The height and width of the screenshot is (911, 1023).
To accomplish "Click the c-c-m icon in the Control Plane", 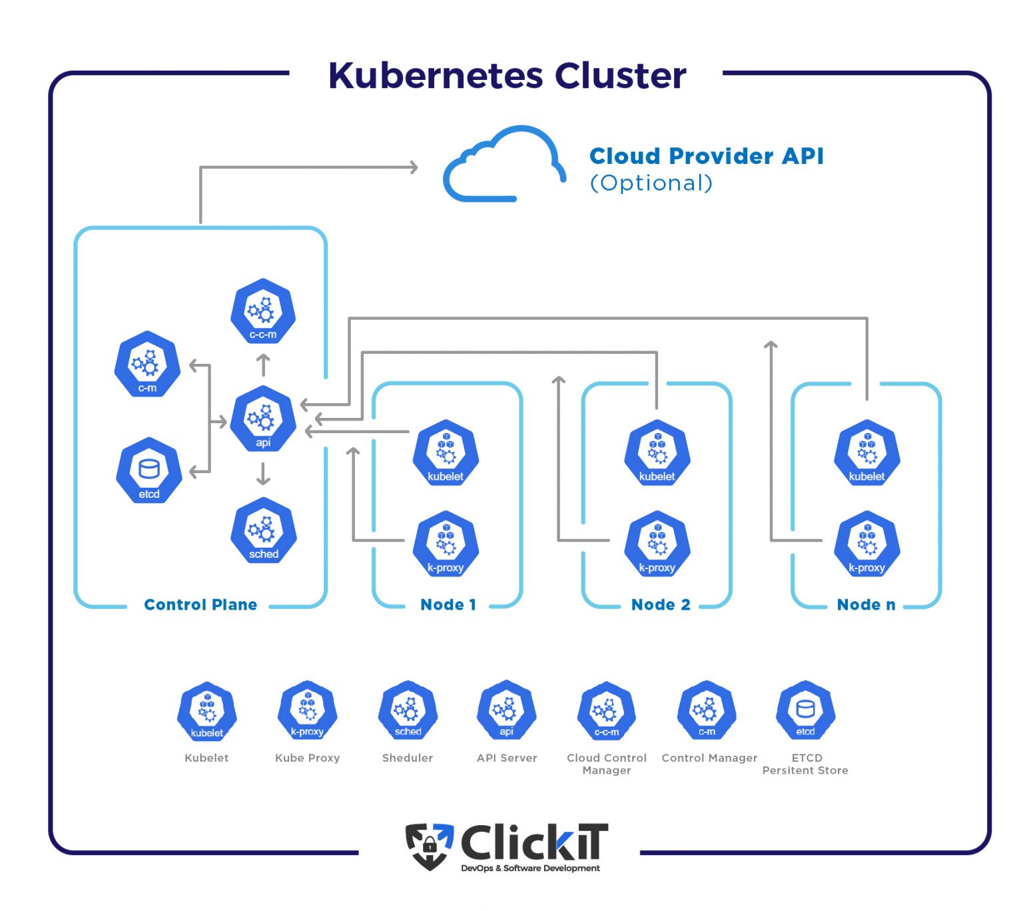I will [263, 312].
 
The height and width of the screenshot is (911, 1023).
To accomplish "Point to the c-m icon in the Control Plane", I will [147, 365].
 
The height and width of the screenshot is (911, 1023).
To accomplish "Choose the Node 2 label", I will [660, 604].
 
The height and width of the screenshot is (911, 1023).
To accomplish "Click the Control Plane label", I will [200, 604].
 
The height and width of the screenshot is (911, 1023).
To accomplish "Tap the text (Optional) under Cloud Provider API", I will [651, 183].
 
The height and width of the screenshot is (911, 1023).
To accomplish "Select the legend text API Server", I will [507, 758].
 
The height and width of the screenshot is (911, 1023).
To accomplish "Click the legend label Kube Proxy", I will [307, 758].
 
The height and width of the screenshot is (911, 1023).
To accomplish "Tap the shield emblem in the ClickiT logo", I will [429, 845].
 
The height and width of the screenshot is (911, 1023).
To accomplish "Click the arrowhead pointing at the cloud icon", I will [414, 167].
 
